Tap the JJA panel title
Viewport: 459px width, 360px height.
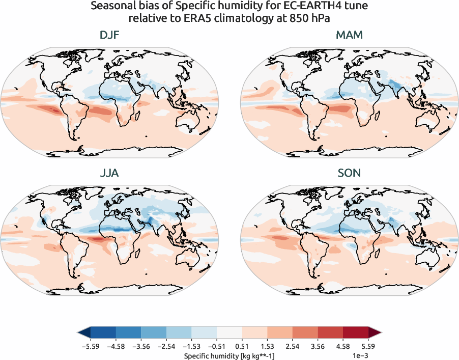(x=110, y=173)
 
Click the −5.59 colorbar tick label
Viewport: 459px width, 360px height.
(x=90, y=346)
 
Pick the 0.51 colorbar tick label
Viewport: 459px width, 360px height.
(x=242, y=346)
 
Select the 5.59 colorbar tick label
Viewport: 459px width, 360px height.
(x=368, y=346)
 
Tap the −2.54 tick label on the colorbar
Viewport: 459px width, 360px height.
(x=166, y=346)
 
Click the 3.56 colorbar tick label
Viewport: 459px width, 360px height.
(x=318, y=346)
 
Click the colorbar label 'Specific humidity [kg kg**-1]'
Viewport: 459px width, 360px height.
(x=229, y=355)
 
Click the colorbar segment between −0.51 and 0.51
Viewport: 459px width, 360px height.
(x=229, y=333)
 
